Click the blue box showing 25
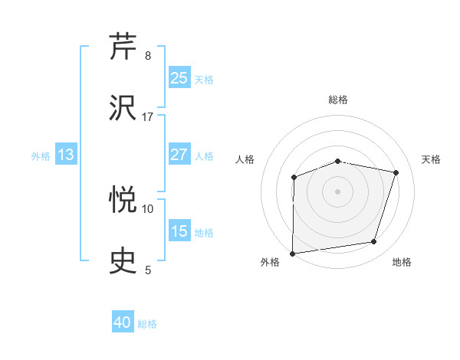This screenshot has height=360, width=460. point(179,78)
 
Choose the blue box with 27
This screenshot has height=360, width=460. point(179,155)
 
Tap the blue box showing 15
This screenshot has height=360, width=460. point(179,231)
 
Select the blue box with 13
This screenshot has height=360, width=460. point(66,155)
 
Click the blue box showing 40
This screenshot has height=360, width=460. point(123,322)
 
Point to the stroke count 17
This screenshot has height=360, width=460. point(148,117)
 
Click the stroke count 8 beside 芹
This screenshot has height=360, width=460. point(148,56)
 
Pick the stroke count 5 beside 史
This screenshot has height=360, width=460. point(148,270)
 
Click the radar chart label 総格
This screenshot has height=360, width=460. point(338,100)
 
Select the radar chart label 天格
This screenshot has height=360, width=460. point(432,159)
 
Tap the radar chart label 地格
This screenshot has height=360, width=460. point(402,263)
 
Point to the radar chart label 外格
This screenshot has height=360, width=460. point(270,263)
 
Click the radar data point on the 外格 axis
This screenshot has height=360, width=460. point(293,253)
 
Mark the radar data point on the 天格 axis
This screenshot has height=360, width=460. point(396,172)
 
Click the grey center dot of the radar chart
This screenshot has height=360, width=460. point(338,191)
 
